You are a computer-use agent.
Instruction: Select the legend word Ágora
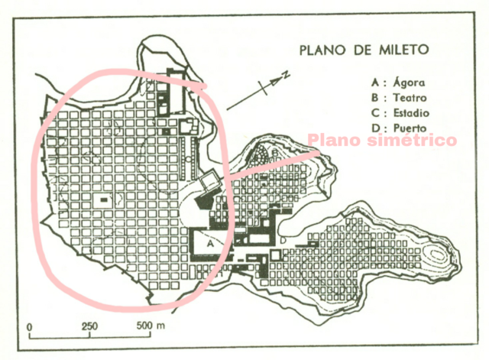[405, 82]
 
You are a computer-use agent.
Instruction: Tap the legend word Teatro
[406, 97]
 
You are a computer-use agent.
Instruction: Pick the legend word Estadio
[409, 113]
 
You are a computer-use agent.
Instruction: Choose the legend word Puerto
[406, 128]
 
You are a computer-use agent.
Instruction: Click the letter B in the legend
[374, 97]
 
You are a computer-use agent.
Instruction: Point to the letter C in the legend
[374, 113]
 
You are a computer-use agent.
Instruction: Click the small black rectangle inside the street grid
[104, 199]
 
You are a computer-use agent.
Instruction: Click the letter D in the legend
[374, 128]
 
